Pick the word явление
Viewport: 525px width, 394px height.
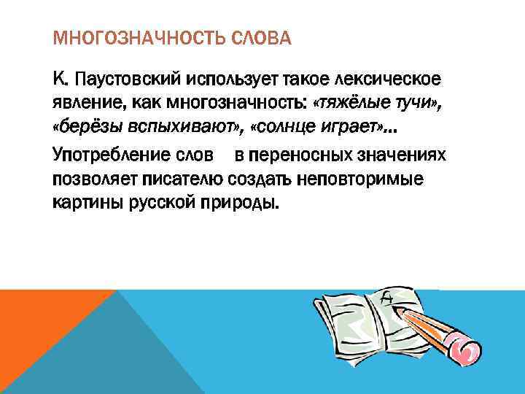click(x=87, y=103)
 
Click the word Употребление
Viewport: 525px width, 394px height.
click(x=114, y=155)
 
